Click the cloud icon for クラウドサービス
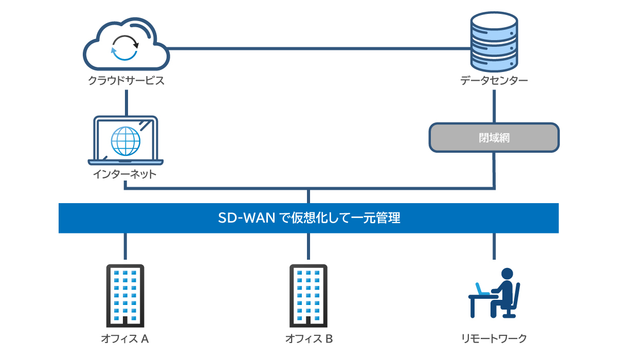[126, 46]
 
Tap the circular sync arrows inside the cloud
[125, 48]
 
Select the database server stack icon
[494, 44]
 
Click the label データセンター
[494, 81]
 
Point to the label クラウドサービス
[126, 81]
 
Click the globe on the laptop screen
[125, 140]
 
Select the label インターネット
[125, 174]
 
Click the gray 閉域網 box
[494, 138]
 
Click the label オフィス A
[125, 339]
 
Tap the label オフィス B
[309, 339]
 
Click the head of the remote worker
[507, 274]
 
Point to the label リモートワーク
[494, 339]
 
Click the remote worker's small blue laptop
[482, 290]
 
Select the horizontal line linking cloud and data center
[319, 49]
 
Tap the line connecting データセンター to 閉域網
[494, 106]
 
